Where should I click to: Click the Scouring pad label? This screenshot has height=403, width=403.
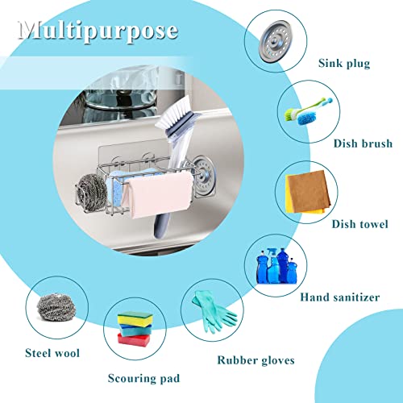point(143,377)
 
